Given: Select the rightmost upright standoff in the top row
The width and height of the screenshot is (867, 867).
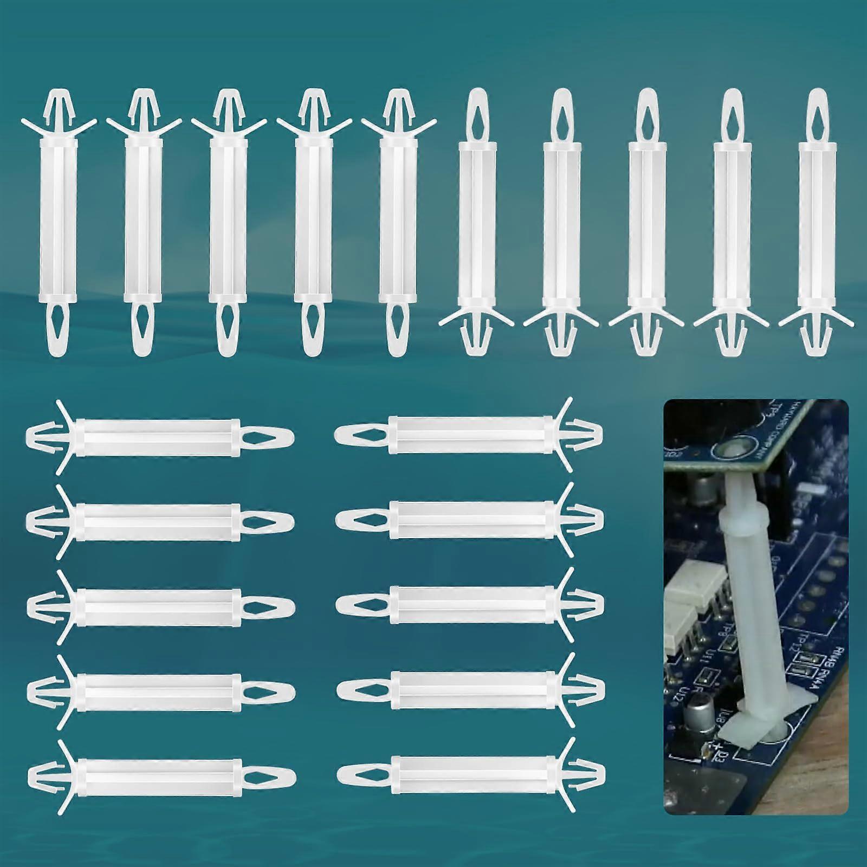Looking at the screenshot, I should tap(816, 228).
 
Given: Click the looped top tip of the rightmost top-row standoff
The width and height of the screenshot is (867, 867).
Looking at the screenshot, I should tap(817, 108).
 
